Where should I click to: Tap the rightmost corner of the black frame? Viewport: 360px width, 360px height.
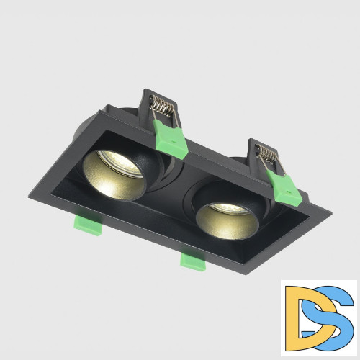(x=331, y=214)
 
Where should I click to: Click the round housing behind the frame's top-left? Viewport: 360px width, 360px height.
(x=94, y=122)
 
